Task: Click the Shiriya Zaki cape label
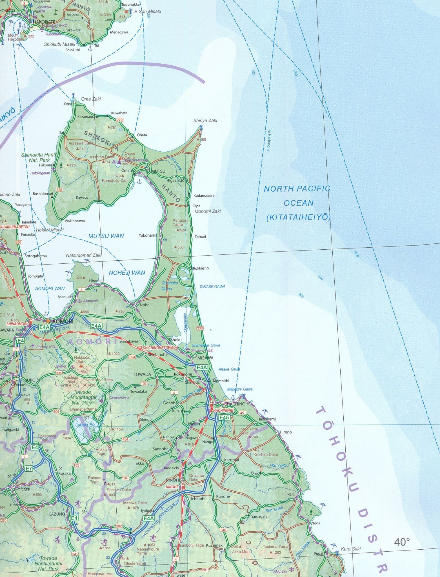point(205,120)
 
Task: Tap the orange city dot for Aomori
point(48,321)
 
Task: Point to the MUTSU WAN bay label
point(106,236)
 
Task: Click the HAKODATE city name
point(44,22)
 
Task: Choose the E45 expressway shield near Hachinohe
point(224,418)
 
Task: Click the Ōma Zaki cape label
point(91,99)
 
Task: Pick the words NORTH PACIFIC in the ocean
point(297,188)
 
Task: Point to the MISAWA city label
point(205,358)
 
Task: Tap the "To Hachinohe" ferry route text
point(269,140)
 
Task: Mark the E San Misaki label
point(148,12)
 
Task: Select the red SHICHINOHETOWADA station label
point(160,348)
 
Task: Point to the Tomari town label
point(200,237)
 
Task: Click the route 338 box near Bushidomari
point(59,190)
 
